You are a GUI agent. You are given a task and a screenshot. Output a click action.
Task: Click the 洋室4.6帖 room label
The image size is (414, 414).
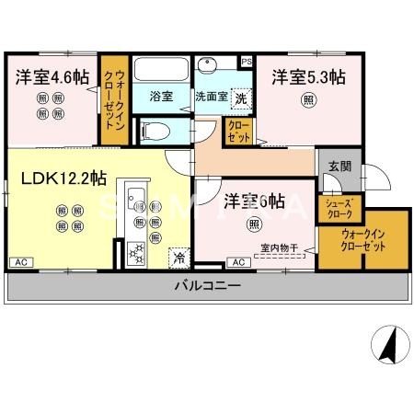(x=52, y=77)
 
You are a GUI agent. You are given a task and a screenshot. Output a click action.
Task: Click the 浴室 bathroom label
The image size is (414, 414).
(x=161, y=96)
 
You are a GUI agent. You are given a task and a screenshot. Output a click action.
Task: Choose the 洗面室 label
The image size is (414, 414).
(x=211, y=97)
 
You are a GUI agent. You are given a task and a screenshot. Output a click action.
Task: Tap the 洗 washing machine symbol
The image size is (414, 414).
(x=239, y=97)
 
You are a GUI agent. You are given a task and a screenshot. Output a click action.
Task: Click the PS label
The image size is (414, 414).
(x=246, y=61)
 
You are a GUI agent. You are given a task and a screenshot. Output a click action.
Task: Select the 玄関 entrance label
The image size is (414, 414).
(x=339, y=167)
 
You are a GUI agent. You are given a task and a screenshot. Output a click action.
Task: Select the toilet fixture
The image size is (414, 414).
(x=155, y=129)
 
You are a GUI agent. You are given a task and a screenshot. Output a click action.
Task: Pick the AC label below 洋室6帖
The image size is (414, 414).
(x=237, y=262)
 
